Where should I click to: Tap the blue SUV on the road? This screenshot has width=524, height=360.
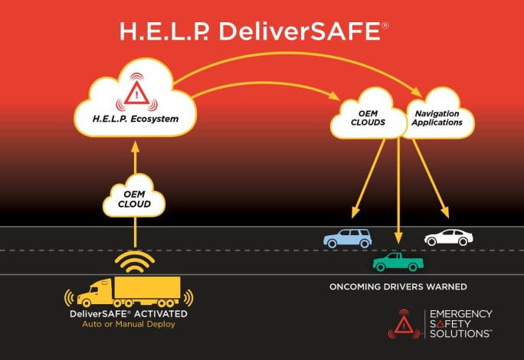point(347,237)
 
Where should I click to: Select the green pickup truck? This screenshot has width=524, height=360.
point(398,262)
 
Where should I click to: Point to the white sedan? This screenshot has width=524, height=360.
point(448,237)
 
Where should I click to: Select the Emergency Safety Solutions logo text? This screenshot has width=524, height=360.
point(460,324)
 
